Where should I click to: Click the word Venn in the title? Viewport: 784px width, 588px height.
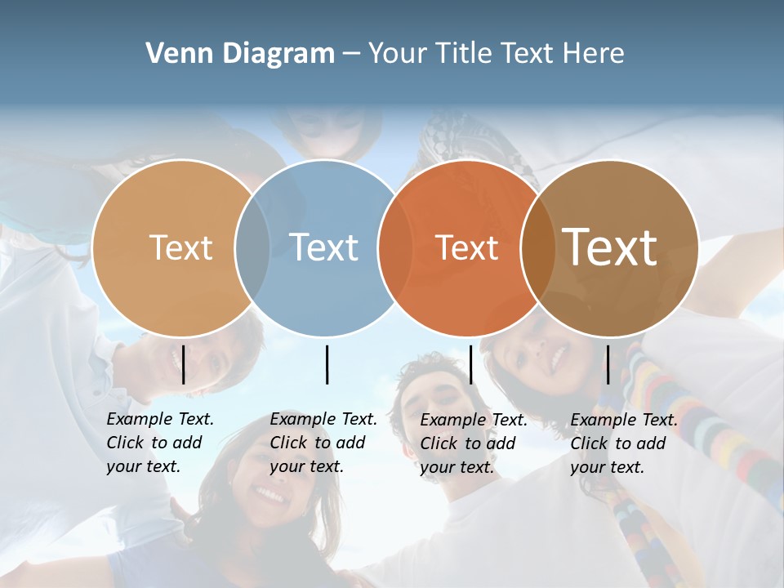[174, 54]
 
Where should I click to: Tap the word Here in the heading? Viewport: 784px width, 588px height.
[594, 54]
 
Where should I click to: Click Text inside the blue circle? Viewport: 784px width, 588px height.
[324, 247]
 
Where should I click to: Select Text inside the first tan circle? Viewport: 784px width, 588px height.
[180, 247]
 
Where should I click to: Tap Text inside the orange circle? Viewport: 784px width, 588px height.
[466, 247]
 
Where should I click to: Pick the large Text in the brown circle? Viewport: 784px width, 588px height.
[610, 247]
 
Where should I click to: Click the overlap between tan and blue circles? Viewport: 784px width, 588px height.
[252, 247]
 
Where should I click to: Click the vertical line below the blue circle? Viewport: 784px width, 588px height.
[327, 364]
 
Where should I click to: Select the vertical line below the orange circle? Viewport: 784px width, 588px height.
[470, 364]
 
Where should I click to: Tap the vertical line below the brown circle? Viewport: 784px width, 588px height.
[608, 364]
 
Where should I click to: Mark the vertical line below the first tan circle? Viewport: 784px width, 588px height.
[183, 364]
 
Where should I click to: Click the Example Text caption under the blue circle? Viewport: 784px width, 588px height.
[323, 443]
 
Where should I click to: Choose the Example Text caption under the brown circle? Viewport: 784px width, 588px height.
[623, 443]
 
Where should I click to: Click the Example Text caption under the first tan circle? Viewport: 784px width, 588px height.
[159, 443]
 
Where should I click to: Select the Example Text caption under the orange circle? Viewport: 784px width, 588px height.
[473, 443]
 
